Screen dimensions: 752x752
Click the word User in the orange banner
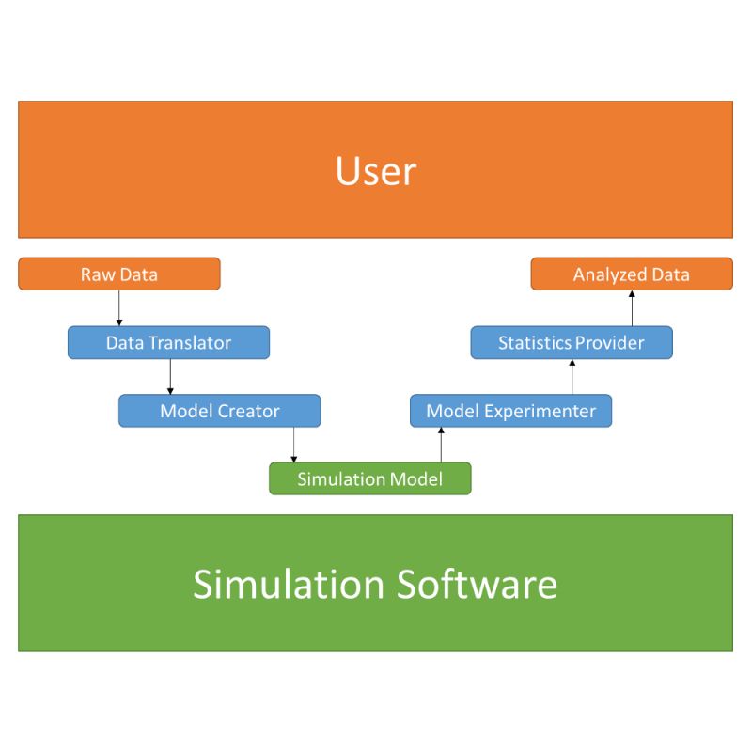(375, 171)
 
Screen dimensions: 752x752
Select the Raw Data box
(119, 274)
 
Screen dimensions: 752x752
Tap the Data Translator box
(168, 342)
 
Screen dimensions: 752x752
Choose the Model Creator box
(219, 411)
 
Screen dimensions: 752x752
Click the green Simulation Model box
(369, 478)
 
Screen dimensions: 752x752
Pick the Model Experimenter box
(510, 411)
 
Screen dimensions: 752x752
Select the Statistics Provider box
(571, 342)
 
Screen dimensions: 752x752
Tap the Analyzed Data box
(631, 274)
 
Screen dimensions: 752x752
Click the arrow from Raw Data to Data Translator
(119, 308)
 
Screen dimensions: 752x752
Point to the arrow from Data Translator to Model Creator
(170, 376)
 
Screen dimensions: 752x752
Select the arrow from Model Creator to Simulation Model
(294, 445)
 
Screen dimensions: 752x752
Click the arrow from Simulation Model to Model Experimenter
(441, 445)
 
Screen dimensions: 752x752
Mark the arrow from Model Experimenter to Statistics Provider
(572, 376)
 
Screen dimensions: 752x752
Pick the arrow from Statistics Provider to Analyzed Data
(632, 308)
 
